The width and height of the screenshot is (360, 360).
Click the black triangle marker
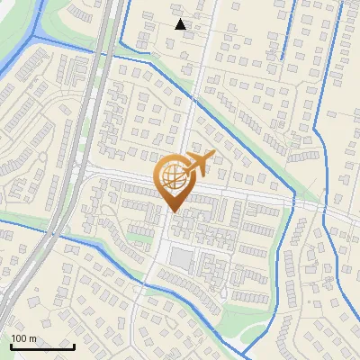point(181,24)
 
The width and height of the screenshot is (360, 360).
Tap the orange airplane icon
point(201,165)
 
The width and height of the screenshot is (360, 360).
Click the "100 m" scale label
point(23,338)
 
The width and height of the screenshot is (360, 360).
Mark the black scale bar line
point(42,346)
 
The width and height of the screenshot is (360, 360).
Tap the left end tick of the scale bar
point(11,345)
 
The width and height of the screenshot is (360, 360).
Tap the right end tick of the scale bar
point(74,345)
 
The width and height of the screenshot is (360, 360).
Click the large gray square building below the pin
point(181,258)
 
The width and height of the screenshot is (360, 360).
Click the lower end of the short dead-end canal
point(282,58)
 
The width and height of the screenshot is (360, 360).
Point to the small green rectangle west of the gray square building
point(139,238)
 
